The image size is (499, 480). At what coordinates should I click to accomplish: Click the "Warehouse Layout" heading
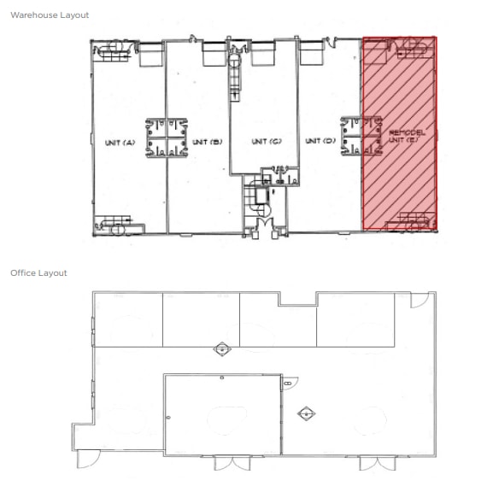point(50,15)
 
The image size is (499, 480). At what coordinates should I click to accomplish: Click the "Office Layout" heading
point(38,273)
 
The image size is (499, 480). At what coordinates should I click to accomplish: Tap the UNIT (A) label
point(120,143)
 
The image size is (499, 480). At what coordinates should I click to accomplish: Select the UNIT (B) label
point(207,142)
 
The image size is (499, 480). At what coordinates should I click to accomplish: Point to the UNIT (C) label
point(267,141)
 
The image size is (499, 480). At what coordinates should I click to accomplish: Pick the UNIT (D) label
point(320,141)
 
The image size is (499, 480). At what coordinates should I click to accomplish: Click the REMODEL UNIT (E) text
point(407,136)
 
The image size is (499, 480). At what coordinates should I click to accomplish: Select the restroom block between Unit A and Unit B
point(167,138)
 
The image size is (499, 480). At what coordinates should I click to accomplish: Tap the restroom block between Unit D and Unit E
point(361,136)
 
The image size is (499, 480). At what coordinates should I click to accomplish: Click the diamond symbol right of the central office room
point(306,414)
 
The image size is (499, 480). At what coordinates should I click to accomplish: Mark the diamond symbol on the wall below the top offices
point(222,349)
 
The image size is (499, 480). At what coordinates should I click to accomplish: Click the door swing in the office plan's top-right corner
point(420,301)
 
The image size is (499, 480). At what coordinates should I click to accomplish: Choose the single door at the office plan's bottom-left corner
point(89,460)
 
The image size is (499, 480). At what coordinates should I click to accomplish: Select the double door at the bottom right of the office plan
point(378,464)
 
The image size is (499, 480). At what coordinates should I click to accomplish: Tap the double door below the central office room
point(232,463)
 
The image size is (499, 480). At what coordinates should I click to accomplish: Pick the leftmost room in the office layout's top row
point(129,319)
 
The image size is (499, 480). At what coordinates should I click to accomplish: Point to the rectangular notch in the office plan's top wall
point(298,299)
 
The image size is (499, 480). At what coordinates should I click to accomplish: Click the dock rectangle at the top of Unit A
point(151,55)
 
